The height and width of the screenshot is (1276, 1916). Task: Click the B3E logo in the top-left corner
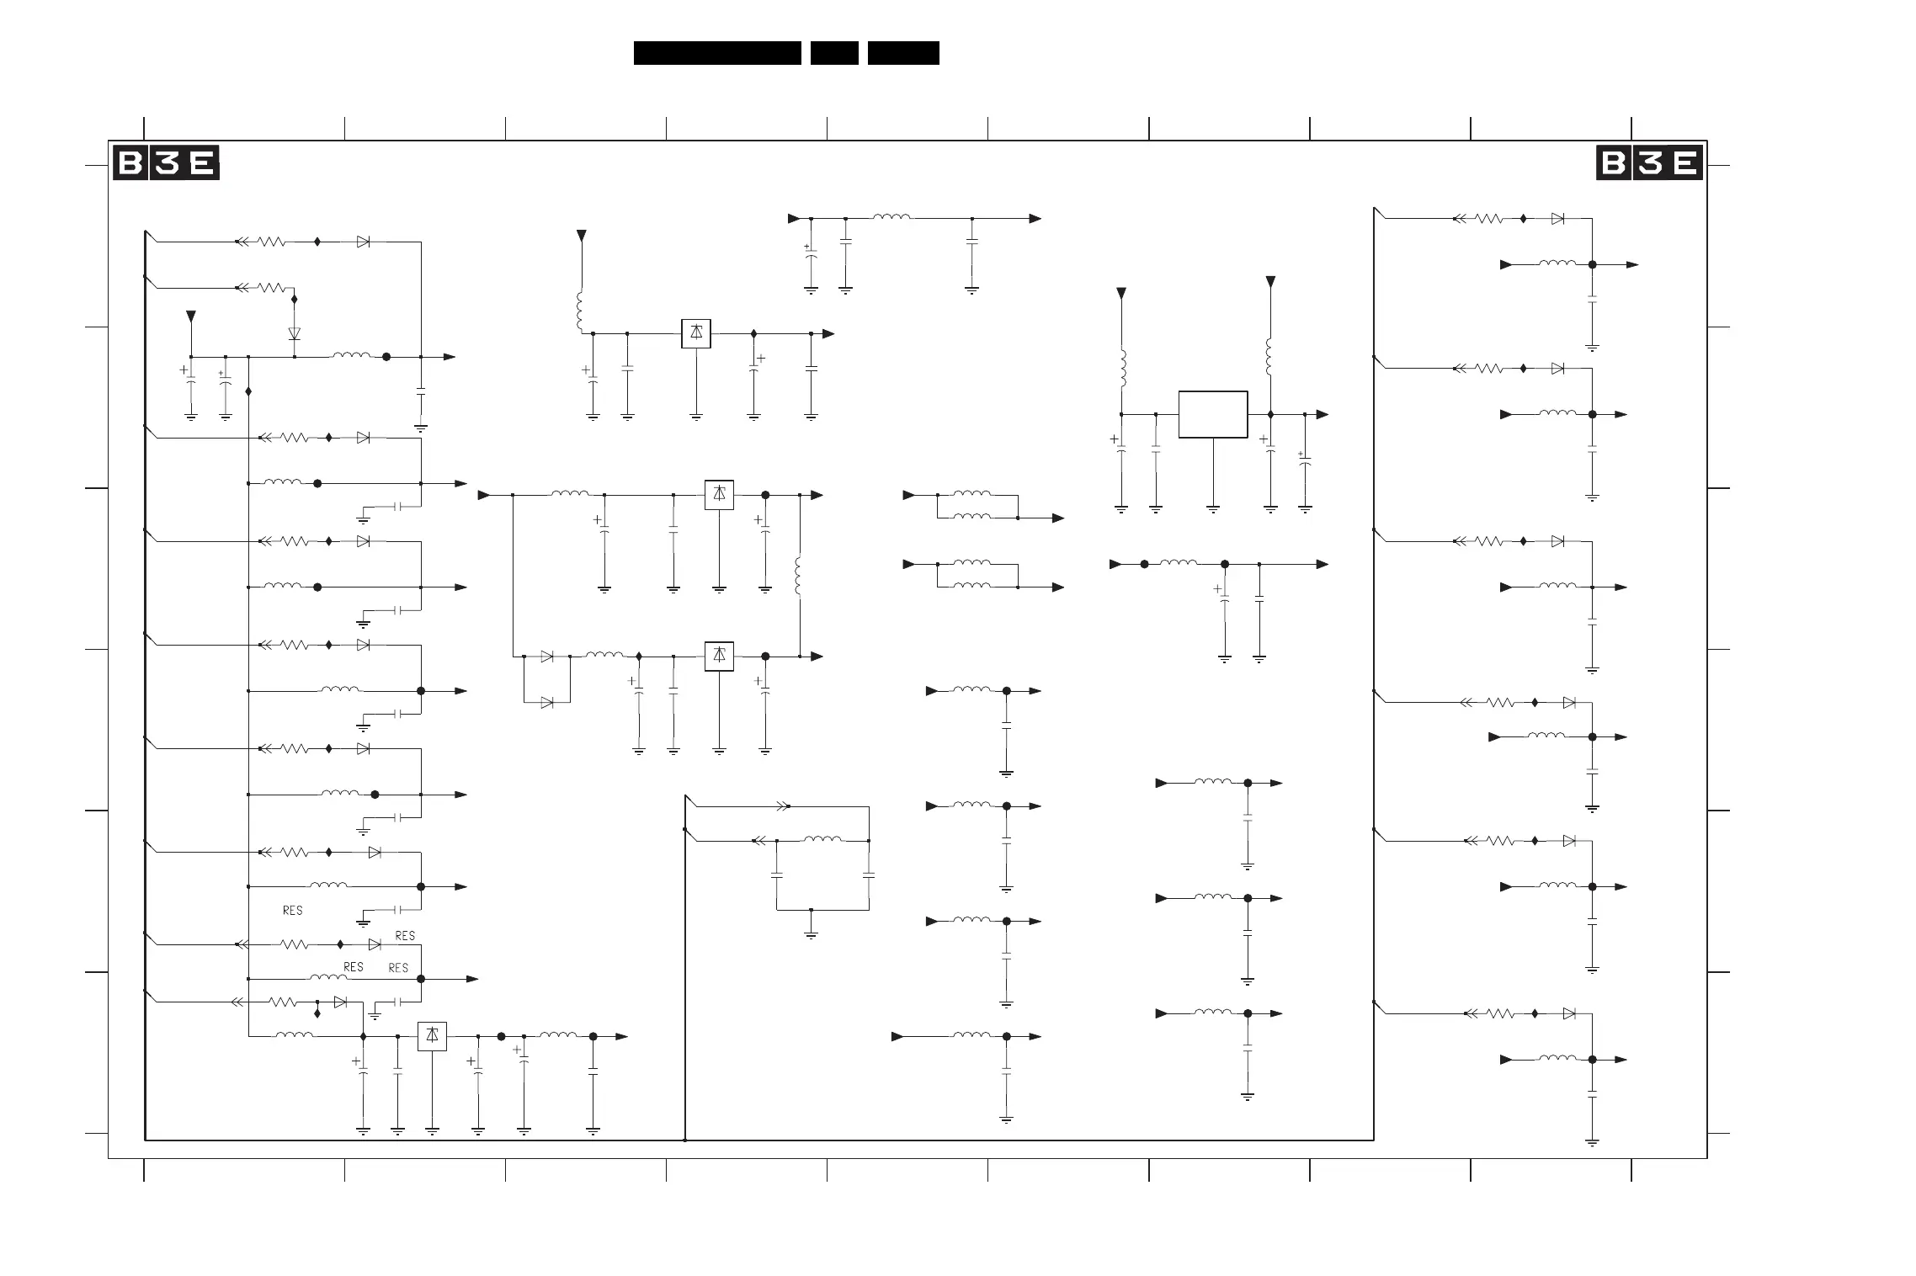(166, 163)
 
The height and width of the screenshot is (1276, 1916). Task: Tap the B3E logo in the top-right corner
(1649, 163)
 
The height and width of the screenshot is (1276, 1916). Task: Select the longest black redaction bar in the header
(717, 53)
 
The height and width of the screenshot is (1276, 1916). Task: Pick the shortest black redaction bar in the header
(834, 53)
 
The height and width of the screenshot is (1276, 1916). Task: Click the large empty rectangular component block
(1212, 414)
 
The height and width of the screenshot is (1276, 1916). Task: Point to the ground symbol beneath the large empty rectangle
(1212, 509)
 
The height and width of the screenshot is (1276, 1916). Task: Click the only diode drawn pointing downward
(294, 333)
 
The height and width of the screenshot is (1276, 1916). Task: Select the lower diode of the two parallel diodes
(546, 702)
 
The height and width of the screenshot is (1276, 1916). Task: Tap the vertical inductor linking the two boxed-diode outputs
(799, 576)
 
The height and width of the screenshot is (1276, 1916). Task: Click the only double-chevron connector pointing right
(782, 806)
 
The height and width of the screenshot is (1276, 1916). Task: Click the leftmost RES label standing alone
(292, 911)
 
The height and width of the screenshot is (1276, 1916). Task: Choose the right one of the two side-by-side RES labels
(398, 968)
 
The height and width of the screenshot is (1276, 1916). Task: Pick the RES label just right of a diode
(405, 936)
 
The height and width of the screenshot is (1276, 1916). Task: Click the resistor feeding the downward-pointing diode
(271, 288)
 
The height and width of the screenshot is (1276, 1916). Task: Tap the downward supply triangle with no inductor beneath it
(191, 316)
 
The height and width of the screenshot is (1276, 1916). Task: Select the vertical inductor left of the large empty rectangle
(1121, 369)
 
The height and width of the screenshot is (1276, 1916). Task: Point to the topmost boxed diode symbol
(696, 333)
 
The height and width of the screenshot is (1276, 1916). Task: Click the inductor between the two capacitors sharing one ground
(822, 839)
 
